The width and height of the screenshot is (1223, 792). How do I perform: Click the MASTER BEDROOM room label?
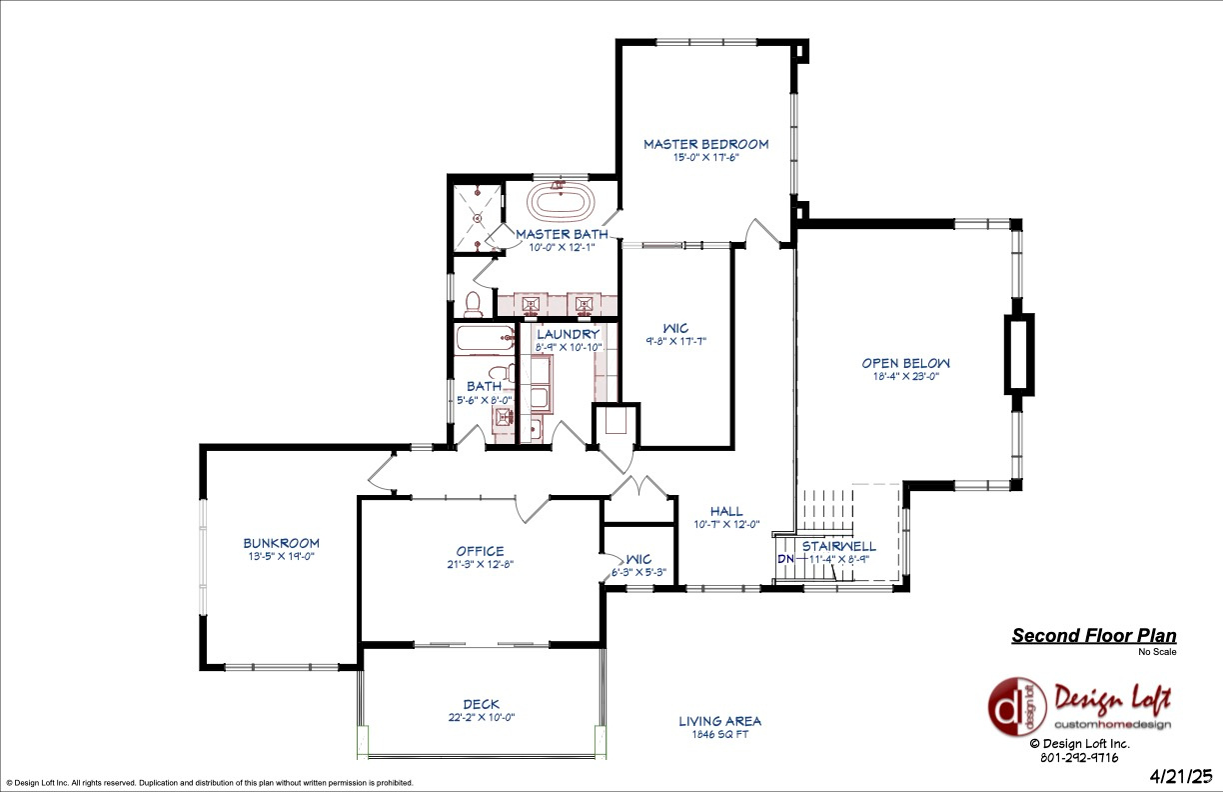tap(705, 144)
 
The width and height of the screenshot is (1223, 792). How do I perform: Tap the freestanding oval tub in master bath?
tap(562, 203)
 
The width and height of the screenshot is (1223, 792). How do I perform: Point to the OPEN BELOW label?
tap(906, 363)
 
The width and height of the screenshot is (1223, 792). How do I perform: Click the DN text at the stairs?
tap(786, 558)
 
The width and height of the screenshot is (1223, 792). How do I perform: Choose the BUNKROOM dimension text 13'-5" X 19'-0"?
tap(282, 556)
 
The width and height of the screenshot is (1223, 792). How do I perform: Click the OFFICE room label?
tap(481, 551)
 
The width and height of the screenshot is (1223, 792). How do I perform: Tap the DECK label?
tap(481, 704)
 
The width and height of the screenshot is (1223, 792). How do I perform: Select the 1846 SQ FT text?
tap(719, 734)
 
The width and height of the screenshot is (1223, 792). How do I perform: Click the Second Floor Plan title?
tap(1093, 636)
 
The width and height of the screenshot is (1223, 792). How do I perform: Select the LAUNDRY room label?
tap(568, 334)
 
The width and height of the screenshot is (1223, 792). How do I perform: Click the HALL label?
tap(726, 511)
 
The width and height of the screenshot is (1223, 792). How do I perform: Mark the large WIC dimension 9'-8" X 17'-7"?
tap(676, 341)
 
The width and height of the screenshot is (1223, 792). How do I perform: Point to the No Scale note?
tap(1157, 652)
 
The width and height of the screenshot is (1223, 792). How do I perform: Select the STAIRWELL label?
tap(838, 546)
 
